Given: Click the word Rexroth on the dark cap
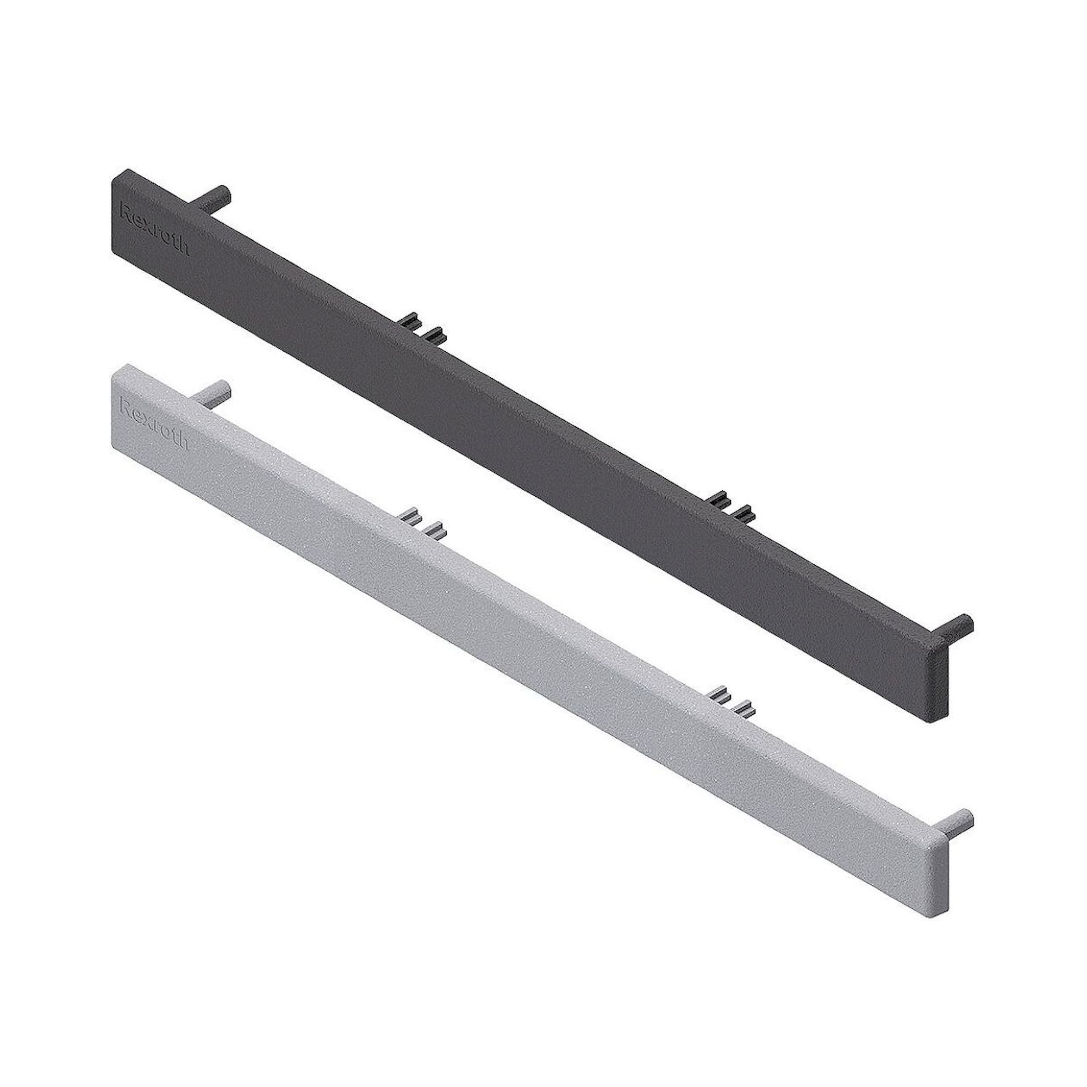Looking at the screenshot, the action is [x=155, y=229].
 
